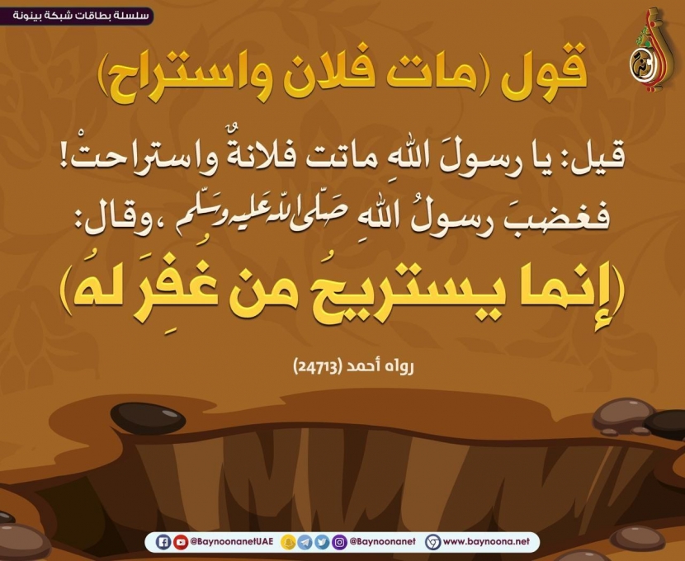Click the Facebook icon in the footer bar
click(163, 542)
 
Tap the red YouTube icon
click(181, 542)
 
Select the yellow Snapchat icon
click(288, 542)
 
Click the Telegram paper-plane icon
click(305, 542)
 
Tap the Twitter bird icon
click(322, 542)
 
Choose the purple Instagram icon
click(339, 542)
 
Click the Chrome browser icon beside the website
click(433, 542)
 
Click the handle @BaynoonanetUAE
click(232, 542)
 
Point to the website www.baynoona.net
click(486, 542)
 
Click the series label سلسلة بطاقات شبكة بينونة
click(80, 16)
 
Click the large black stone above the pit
click(148, 418)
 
